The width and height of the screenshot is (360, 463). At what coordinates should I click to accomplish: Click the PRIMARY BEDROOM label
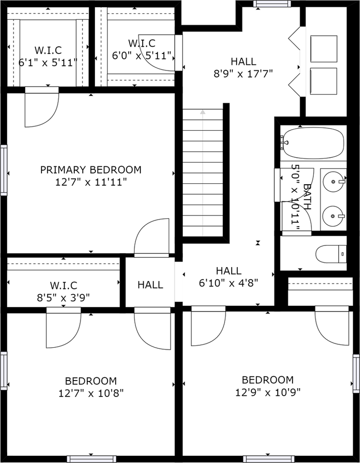click(x=91, y=170)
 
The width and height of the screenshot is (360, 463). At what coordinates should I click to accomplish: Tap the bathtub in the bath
click(x=313, y=143)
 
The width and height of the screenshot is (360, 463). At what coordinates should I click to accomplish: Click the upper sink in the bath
click(x=333, y=181)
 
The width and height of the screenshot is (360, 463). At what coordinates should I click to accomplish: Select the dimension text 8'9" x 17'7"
click(x=243, y=74)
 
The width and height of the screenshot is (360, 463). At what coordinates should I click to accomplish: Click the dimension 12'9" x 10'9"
click(x=267, y=392)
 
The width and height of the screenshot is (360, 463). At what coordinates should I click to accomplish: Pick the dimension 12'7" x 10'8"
click(x=91, y=393)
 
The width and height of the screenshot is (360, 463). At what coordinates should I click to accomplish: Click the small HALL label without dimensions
click(x=150, y=285)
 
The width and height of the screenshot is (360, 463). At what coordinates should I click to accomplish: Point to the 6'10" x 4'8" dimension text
click(x=229, y=283)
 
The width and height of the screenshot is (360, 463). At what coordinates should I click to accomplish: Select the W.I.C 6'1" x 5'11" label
click(x=48, y=63)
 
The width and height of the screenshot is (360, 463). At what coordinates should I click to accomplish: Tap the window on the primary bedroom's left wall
click(x=3, y=170)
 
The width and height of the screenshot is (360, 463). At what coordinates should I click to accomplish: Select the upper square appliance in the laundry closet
click(x=323, y=48)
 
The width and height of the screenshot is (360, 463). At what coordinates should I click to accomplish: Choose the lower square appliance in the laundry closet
click(x=323, y=81)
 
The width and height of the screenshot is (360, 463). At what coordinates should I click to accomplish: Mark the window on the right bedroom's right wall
click(x=356, y=373)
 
